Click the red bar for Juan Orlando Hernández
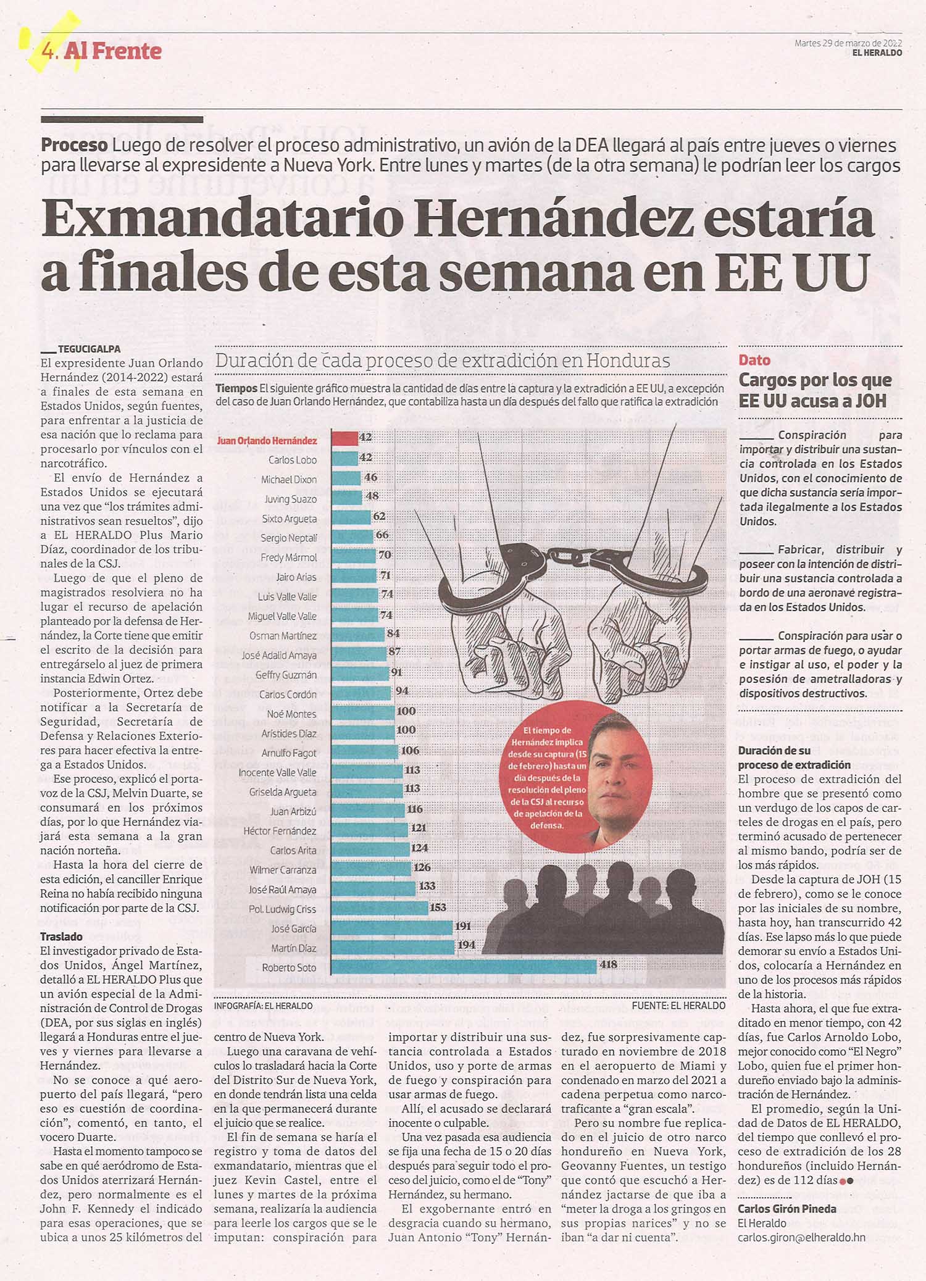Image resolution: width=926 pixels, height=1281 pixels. tap(345, 438)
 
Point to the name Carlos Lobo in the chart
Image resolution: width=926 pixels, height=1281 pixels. tap(293, 460)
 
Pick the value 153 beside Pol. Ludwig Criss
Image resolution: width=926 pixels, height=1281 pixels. tap(438, 907)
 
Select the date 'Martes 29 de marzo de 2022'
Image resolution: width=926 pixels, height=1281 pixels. tap(848, 43)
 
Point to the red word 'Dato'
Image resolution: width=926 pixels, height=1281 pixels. tap(754, 360)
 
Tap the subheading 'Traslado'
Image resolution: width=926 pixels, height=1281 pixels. tap(61, 937)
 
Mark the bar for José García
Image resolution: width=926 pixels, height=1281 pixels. tap(392, 927)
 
